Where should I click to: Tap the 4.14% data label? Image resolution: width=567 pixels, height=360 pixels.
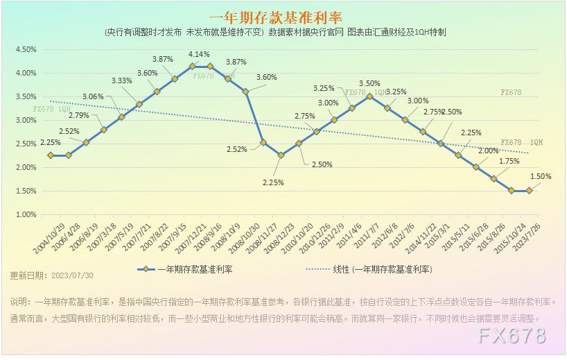(x=199, y=54)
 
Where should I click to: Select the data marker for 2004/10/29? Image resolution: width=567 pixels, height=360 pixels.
(x=51, y=155)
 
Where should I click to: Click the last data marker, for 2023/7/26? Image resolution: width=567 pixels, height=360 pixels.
(x=530, y=191)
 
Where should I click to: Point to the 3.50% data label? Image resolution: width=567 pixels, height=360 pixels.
(x=369, y=84)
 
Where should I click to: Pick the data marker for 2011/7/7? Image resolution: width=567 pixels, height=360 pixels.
(x=369, y=96)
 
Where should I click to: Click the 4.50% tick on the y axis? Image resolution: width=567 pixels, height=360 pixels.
(x=25, y=49)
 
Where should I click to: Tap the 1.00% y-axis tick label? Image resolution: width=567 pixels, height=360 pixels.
(x=25, y=214)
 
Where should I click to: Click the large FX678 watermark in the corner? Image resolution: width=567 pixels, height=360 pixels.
(x=513, y=336)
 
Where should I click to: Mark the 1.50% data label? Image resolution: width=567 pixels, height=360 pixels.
(x=541, y=176)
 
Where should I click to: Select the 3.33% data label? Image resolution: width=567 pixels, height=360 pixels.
(x=121, y=80)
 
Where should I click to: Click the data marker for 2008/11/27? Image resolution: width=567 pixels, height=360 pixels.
(x=281, y=155)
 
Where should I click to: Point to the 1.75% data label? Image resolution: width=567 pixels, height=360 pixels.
(x=509, y=161)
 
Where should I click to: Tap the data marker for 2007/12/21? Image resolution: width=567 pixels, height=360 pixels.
(x=192, y=66)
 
